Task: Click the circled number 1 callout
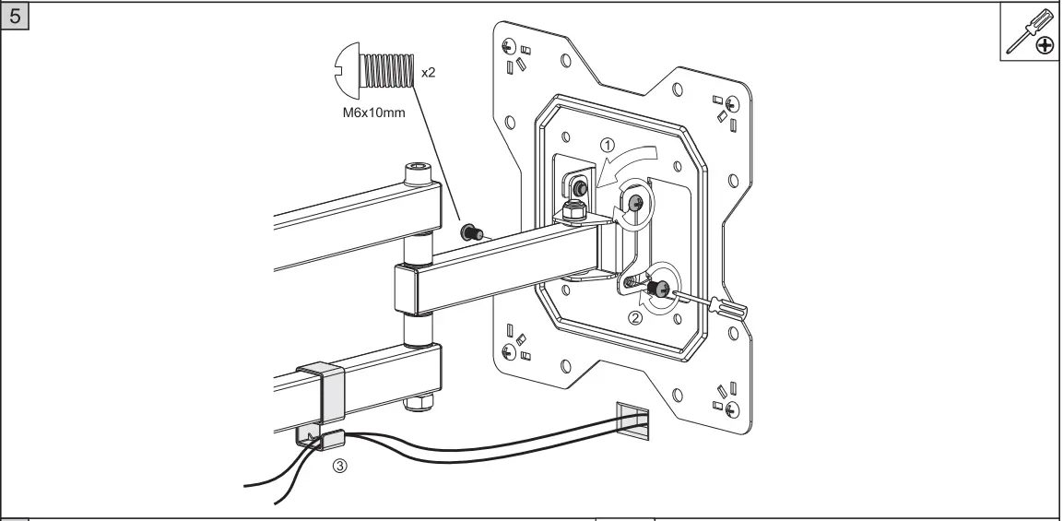[607, 144]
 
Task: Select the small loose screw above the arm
[470, 231]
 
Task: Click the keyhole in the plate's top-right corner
[733, 103]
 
